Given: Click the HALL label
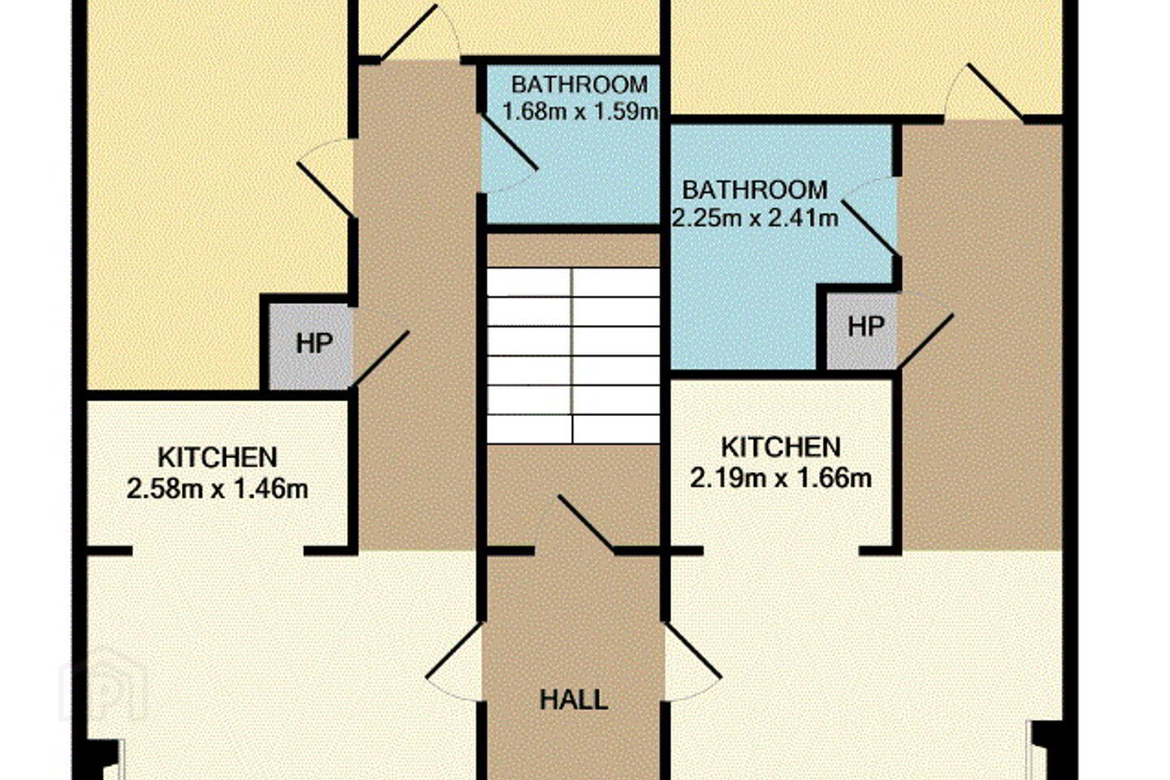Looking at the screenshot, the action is click(x=574, y=700).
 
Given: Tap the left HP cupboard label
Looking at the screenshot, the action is click(x=314, y=344).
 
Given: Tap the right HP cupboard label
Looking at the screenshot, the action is click(x=865, y=327).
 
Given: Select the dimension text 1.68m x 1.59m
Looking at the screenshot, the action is click(x=580, y=111).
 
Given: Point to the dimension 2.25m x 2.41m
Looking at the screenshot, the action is click(x=755, y=218).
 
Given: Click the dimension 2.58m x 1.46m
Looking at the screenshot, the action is click(x=217, y=489).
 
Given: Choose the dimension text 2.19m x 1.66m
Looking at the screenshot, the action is click(x=781, y=479).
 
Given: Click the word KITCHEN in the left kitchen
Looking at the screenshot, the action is click(x=217, y=457).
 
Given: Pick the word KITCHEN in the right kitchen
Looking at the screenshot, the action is click(x=781, y=447).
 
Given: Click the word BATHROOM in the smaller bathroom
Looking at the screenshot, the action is click(x=580, y=84).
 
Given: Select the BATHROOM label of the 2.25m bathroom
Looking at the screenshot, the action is click(x=755, y=189).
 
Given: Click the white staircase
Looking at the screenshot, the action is click(x=573, y=356).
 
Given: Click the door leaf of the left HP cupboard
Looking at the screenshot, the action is click(x=379, y=359).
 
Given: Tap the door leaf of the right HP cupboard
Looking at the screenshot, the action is click(x=925, y=342).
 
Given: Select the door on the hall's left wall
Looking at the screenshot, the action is click(x=454, y=650).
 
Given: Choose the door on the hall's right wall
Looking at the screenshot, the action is click(x=692, y=650).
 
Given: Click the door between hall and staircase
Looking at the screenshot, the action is click(x=587, y=523).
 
